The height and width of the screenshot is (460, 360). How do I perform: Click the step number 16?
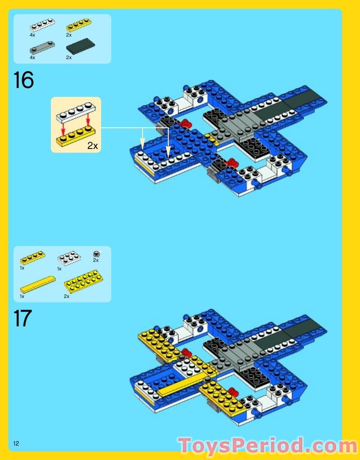click(23, 80)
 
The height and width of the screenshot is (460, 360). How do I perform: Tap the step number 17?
click(23, 318)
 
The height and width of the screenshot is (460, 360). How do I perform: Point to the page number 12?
click(16, 443)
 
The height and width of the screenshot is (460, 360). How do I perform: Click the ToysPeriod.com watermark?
click(268, 445)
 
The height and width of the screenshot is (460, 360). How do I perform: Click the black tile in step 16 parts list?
click(81, 47)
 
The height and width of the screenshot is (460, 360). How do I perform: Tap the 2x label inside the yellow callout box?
click(92, 146)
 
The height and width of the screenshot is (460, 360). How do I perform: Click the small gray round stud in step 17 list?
click(96, 253)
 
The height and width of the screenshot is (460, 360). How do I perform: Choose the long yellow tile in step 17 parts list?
click(37, 284)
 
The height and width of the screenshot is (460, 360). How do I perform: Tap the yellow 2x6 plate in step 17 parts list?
click(83, 281)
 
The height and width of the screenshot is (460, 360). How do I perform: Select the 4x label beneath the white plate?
click(32, 35)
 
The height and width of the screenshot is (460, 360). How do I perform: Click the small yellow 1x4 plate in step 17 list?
click(32, 257)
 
